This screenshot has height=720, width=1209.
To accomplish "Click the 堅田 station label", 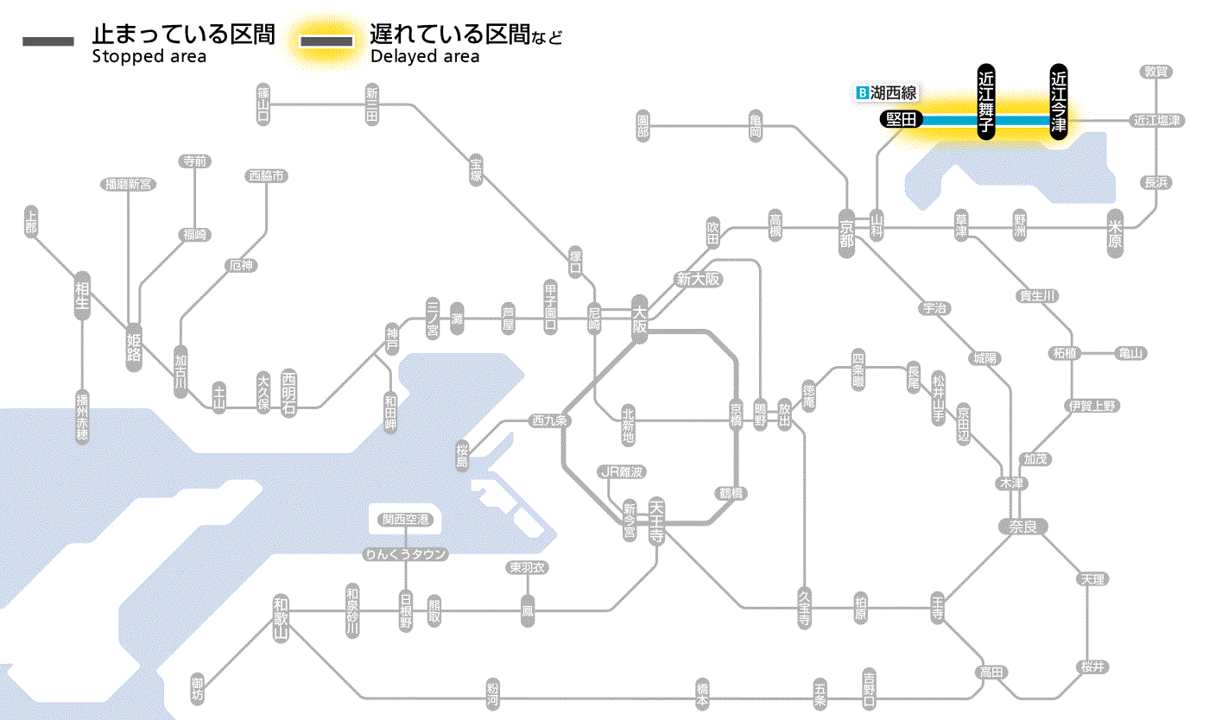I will pyautogui.click(x=902, y=120).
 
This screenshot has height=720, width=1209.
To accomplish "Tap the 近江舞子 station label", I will pyautogui.click(x=986, y=100).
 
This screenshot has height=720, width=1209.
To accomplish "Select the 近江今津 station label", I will pyautogui.click(x=1059, y=100).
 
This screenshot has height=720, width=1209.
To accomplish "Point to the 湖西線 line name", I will pyautogui.click(x=893, y=92).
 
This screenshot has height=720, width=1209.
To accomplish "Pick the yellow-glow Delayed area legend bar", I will pyautogui.click(x=326, y=41).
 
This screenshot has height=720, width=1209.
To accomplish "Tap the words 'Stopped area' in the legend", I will pyautogui.click(x=149, y=57).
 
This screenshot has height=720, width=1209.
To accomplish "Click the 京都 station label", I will pyautogui.click(x=846, y=230).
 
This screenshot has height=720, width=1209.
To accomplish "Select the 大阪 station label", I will pyautogui.click(x=639, y=319).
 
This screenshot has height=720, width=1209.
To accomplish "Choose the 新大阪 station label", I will pyautogui.click(x=698, y=279).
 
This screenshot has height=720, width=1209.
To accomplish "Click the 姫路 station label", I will pyautogui.click(x=134, y=345).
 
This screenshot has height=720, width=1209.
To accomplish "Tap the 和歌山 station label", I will pyautogui.click(x=280, y=618).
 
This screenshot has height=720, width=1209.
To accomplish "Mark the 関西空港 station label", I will pyautogui.click(x=406, y=519).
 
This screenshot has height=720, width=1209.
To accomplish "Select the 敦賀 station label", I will pyautogui.click(x=1156, y=72).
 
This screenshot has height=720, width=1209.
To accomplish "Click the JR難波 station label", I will pyautogui.click(x=622, y=471).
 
